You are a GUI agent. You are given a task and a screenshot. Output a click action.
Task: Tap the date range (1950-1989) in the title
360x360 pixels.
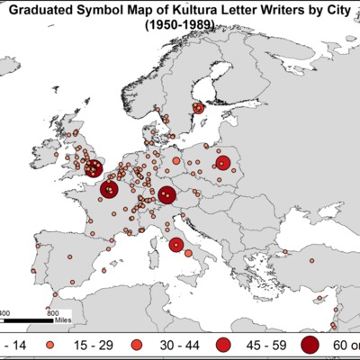pyautogui.click(x=180, y=28)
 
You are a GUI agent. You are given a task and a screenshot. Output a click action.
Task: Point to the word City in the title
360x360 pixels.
pyautogui.click(x=334, y=12)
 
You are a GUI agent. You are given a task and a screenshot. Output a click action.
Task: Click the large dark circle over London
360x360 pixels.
pyautogui.click(x=92, y=166)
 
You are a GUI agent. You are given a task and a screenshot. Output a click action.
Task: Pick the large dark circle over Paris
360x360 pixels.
pyautogui.click(x=109, y=190)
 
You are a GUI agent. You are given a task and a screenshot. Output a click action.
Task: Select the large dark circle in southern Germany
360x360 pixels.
pyautogui.click(x=166, y=195)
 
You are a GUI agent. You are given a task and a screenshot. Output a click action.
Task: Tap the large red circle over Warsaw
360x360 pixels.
pyautogui.click(x=222, y=164)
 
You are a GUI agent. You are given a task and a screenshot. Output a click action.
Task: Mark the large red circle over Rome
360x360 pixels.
pyautogui.click(x=176, y=245)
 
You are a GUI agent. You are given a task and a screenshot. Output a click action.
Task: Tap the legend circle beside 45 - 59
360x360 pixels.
pyautogui.click(x=224, y=345)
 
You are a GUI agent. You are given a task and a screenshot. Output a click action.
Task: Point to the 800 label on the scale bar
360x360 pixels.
pyautogui.click(x=51, y=313)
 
